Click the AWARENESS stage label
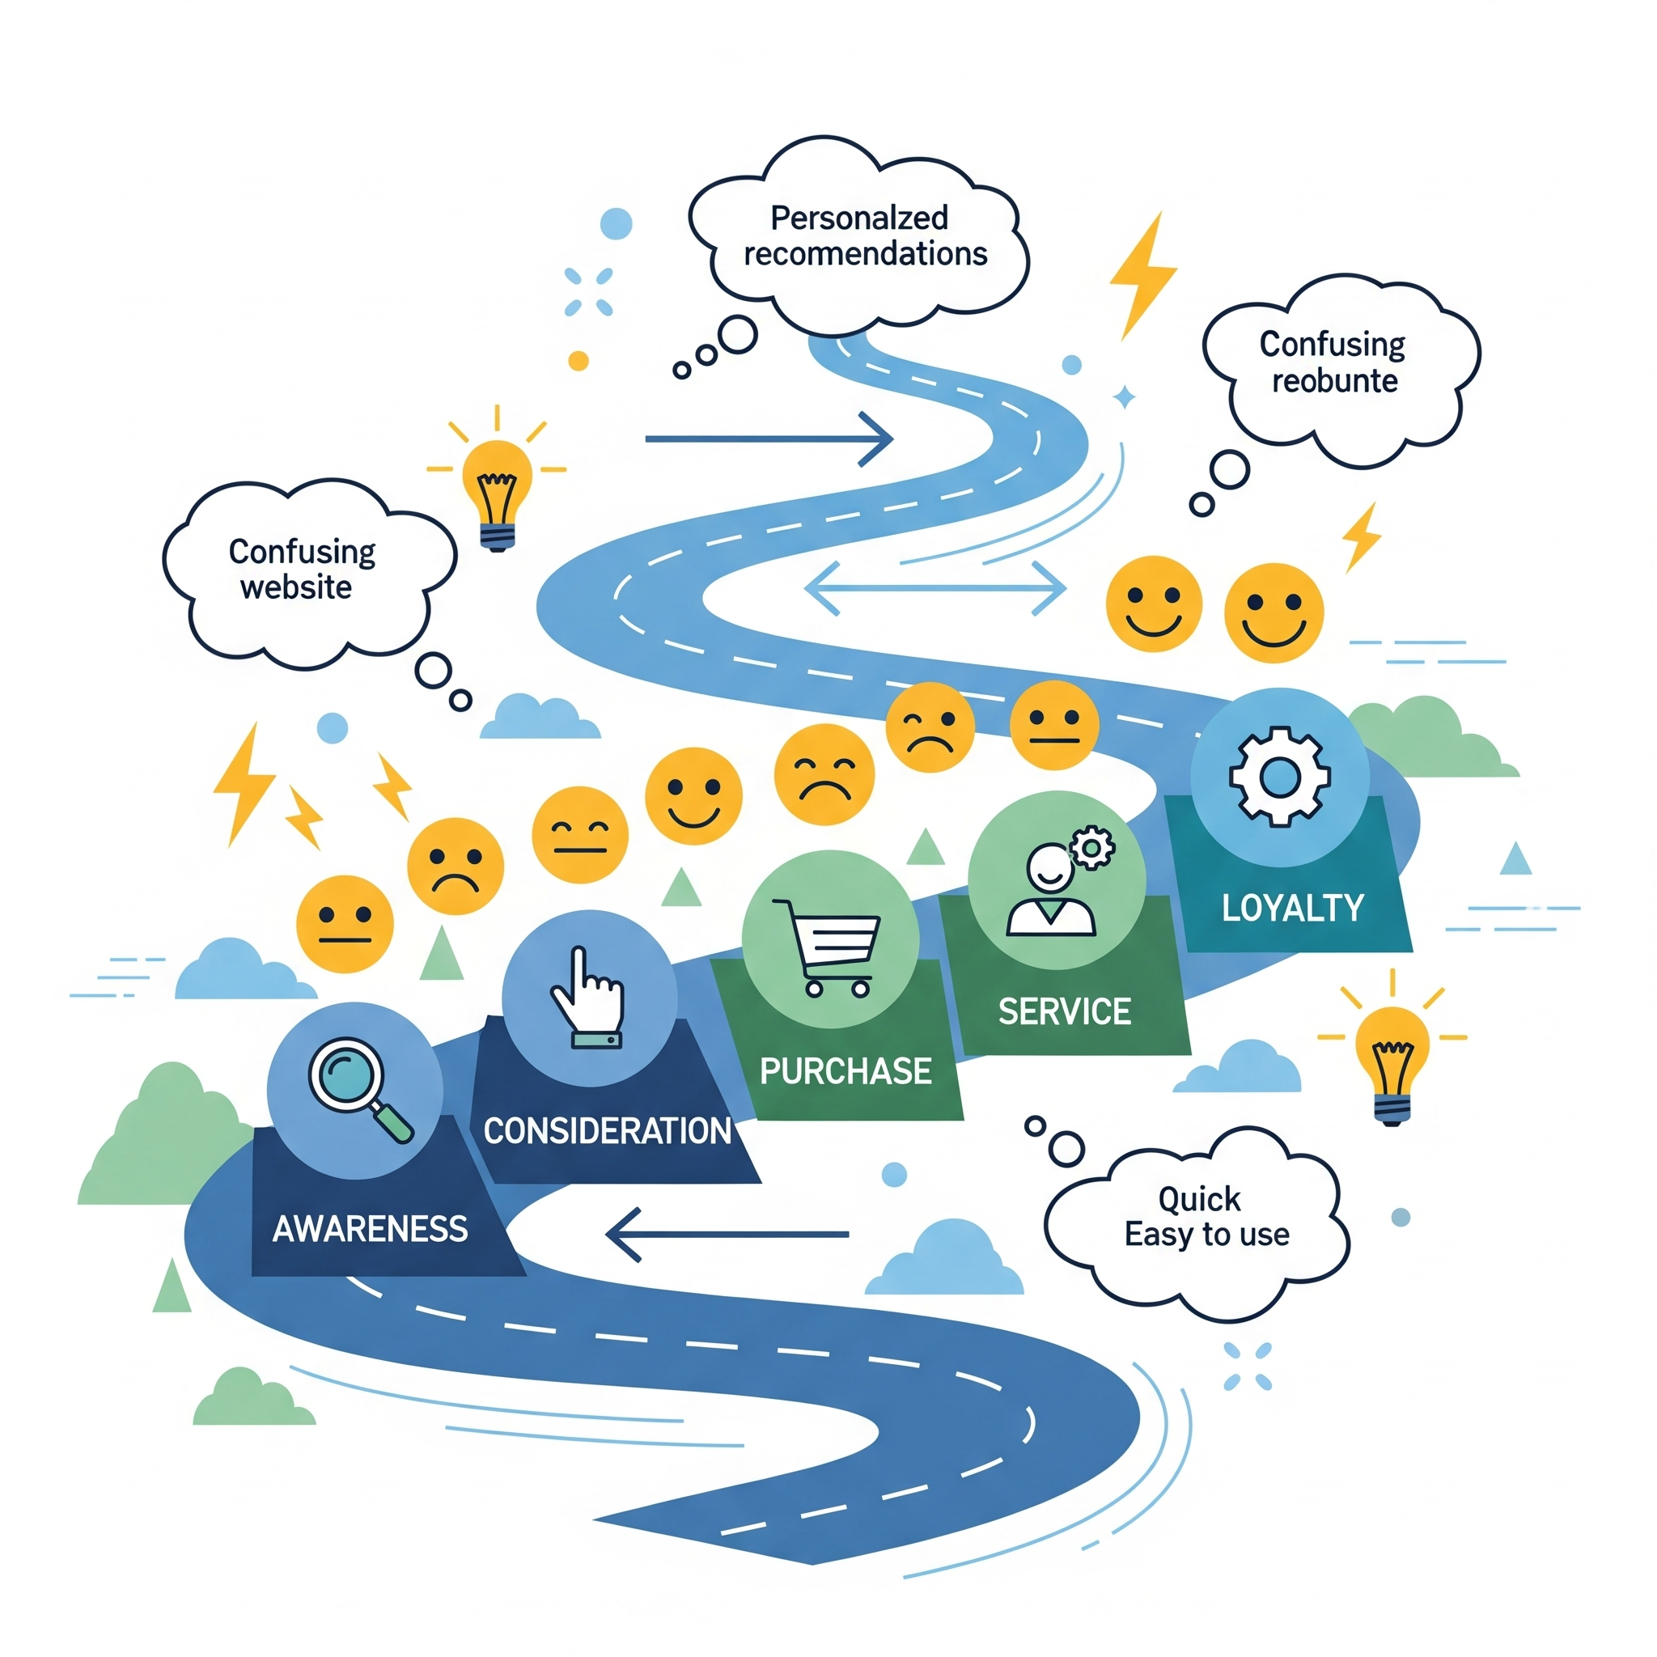(370, 1229)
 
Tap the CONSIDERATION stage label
(606, 1130)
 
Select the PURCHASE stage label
(845, 1071)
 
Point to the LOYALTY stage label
(1291, 909)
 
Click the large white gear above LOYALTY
(1279, 776)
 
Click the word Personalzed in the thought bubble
(858, 218)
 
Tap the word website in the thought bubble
(296, 587)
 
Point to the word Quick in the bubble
(1198, 1199)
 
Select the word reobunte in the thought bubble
(1333, 380)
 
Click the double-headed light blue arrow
(934, 588)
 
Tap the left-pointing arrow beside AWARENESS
(727, 1234)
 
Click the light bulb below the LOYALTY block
(1391, 1061)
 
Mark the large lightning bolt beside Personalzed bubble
(1143, 274)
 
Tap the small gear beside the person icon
(1091, 848)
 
